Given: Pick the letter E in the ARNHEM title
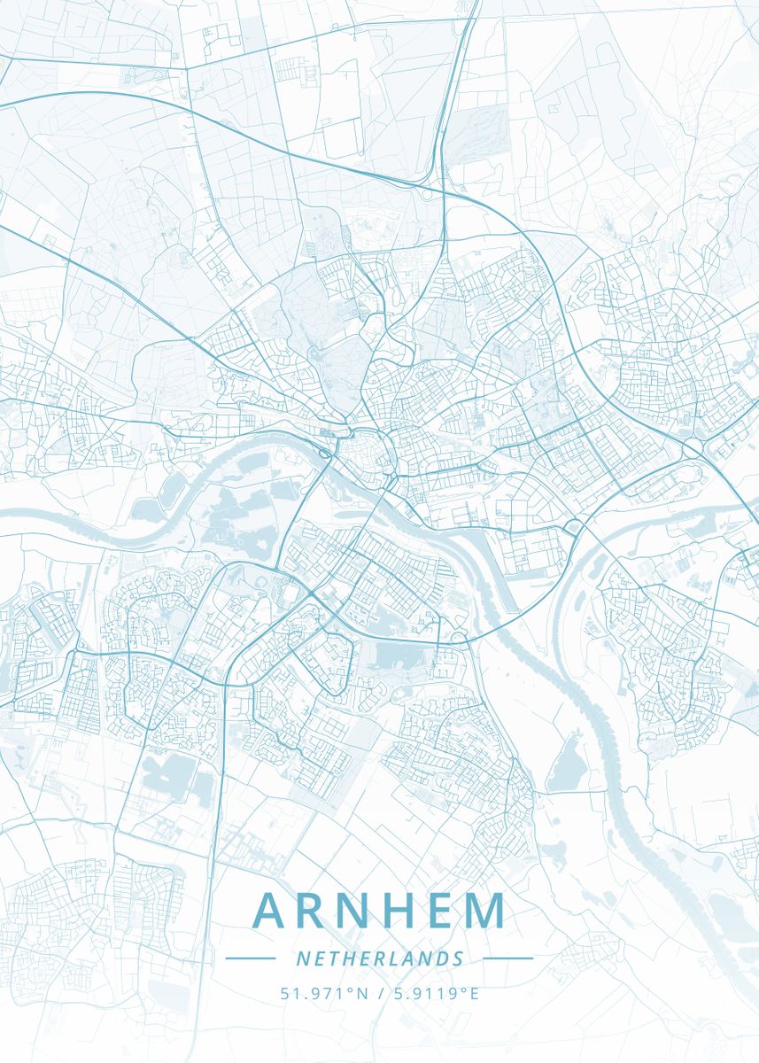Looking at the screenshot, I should tap(447, 912).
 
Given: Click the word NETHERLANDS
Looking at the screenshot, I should tap(379, 958).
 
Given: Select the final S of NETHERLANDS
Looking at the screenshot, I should tap(458, 958).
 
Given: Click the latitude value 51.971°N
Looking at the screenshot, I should tap(324, 993).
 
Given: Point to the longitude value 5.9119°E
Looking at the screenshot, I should tap(434, 993).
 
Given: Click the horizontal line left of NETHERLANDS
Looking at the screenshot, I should tap(251, 958).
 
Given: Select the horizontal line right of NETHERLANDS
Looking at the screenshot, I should tap(507, 958).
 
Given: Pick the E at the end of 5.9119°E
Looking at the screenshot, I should tap(475, 993).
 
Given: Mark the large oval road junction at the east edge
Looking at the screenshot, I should tap(692, 448).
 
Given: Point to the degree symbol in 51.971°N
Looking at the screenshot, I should tap(351, 989).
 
